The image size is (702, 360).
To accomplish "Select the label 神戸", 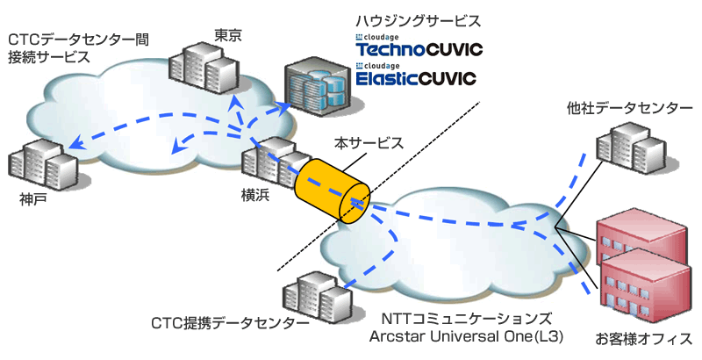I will pos(33,200).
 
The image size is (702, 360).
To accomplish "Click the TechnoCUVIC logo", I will pos(416,49).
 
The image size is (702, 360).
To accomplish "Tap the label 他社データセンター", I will pos(623,108).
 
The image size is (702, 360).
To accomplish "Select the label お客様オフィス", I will pos(644,338).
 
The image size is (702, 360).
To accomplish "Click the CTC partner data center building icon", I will pos(311,294).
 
